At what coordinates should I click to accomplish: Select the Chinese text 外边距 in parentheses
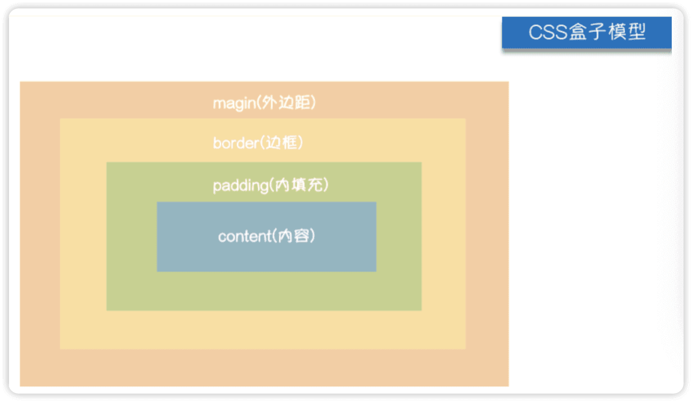286,103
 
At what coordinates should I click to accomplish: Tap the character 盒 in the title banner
583,33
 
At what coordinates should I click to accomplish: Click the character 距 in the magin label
302,103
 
